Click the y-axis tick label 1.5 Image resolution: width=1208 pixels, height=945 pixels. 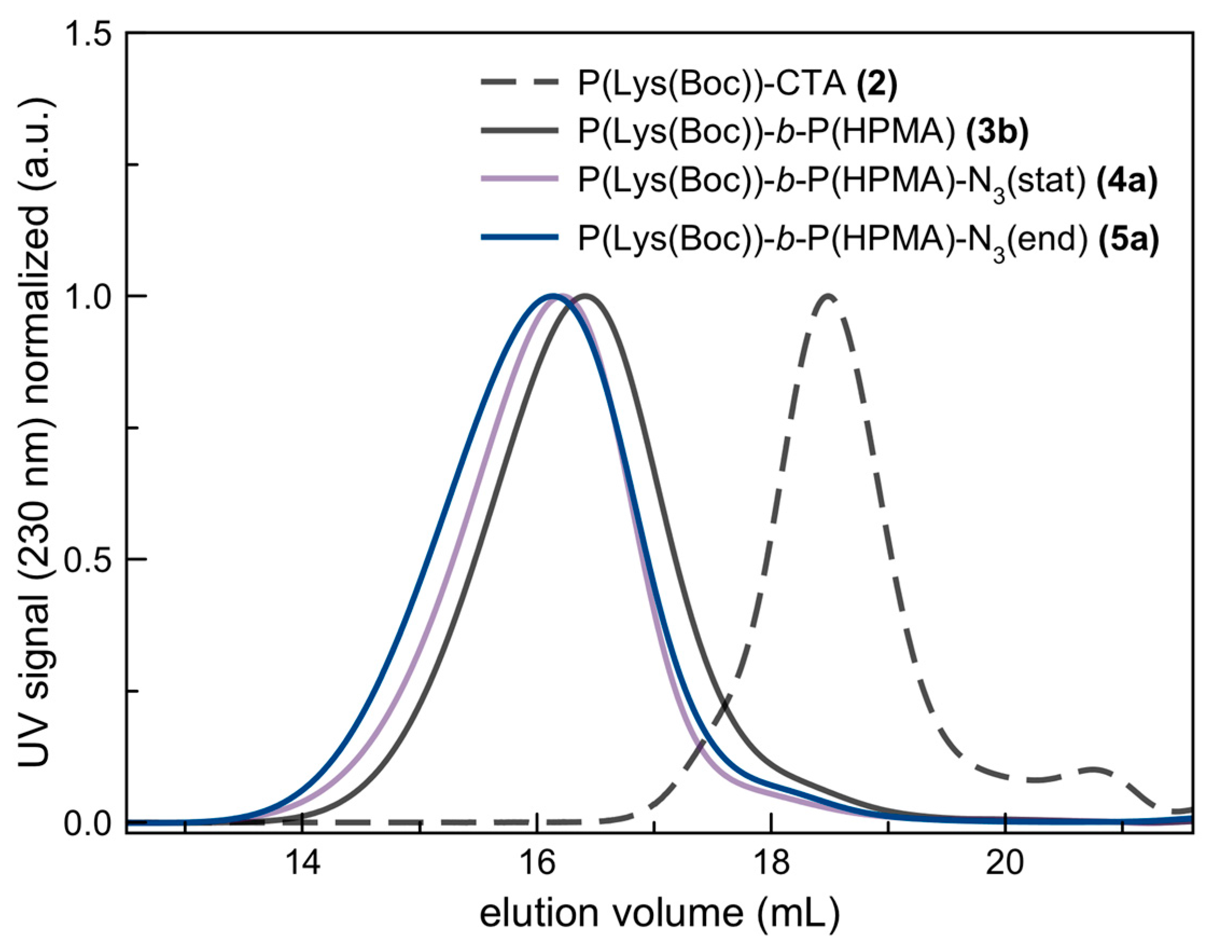88,34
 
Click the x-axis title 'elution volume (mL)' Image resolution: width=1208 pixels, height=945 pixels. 659,913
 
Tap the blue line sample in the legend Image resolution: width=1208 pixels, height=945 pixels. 518,237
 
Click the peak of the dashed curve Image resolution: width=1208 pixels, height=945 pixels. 828,296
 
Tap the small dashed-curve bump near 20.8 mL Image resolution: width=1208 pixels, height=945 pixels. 1093,769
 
